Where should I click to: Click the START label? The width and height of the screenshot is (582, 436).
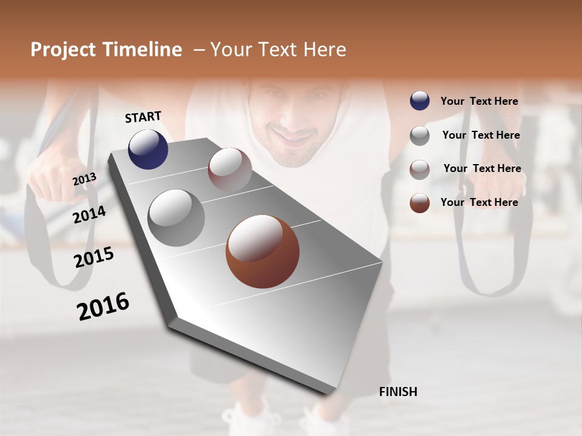coord(143,117)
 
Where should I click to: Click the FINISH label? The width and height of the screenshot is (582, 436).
coord(398,392)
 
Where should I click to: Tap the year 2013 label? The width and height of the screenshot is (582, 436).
coord(84,179)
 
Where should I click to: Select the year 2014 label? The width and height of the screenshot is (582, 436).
coord(89,214)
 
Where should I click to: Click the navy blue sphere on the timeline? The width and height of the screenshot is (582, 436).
coord(148,149)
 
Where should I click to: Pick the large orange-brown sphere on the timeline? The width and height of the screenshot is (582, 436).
coord(263,252)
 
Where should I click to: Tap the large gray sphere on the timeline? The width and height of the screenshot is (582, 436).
coord(176,217)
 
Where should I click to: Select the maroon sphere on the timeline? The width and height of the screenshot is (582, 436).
coord(230,170)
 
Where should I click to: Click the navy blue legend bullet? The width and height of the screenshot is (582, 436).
coord(420,101)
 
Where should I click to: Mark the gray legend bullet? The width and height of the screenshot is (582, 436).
coord(420,136)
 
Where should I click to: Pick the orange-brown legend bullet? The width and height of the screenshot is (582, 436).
coord(420,203)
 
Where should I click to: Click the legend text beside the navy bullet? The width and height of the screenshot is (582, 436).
coord(479,102)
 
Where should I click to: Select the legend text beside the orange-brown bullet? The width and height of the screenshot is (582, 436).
coord(479,202)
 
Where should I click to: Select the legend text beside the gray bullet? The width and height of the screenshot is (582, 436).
coord(481,135)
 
